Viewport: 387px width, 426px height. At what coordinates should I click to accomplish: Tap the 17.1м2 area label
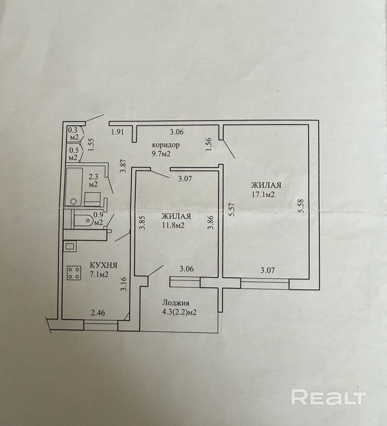coord(264,194)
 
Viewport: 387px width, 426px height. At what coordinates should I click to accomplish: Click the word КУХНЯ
coord(103,265)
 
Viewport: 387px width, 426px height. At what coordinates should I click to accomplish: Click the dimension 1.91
coord(117,132)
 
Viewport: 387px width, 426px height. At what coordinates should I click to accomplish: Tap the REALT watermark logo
coord(328,397)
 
